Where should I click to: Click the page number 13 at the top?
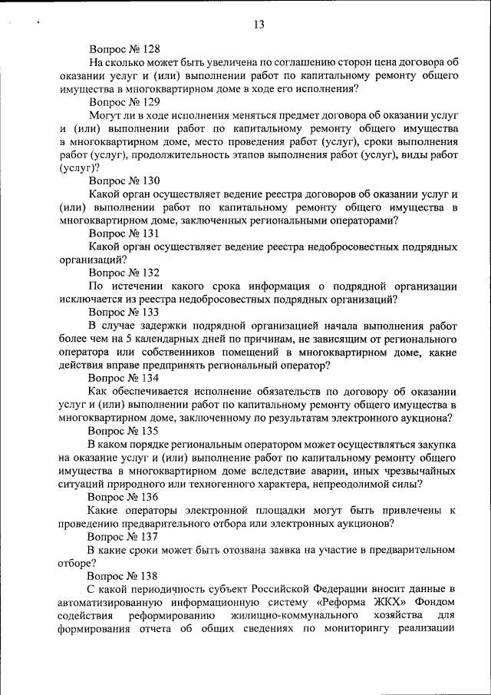click(259, 25)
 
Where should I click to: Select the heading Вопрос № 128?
click(124, 48)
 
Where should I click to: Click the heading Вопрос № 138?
click(124, 575)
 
